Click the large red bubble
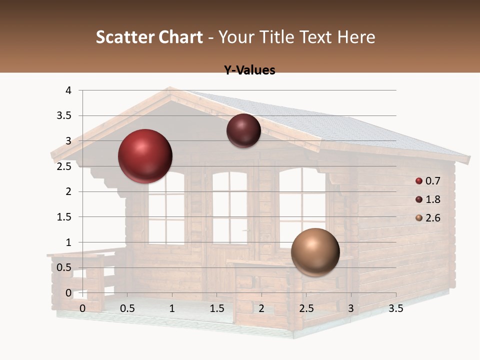145,156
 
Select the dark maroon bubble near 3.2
243,131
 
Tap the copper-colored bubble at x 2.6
315,252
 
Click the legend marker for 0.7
419,181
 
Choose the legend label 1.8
432,199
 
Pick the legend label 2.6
432,218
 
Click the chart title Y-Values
249,70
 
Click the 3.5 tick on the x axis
395,308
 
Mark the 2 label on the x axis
261,308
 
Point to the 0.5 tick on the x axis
127,308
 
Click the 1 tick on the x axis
172,308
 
